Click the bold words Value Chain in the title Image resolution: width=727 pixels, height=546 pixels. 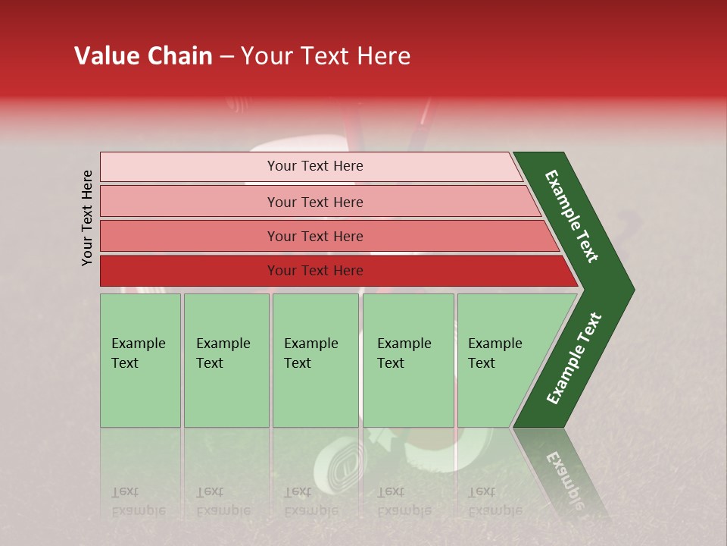[143, 56]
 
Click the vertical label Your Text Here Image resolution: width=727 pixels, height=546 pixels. [87, 218]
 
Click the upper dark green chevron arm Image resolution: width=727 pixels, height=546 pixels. [573, 217]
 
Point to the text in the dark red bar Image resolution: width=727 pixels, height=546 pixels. [315, 271]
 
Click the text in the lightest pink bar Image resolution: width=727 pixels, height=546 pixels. [315, 166]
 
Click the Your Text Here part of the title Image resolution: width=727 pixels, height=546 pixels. [326, 56]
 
